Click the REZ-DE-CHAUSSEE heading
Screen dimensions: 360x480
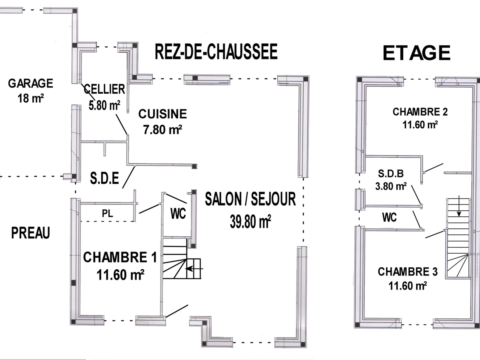[216, 52]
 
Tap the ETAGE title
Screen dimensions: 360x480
[416, 53]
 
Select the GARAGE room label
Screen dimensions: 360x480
[30, 84]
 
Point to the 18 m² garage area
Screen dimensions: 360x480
[30, 98]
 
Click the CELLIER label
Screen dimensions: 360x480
[105, 89]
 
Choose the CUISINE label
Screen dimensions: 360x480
[162, 114]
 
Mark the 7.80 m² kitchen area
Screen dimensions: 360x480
[162, 129]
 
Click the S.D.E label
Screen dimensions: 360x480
[104, 179]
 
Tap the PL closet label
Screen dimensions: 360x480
[108, 213]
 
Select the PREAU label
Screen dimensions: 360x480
[30, 233]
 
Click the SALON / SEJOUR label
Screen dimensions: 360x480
[250, 199]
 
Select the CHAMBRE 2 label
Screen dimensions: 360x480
[420, 112]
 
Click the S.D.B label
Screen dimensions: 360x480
[391, 174]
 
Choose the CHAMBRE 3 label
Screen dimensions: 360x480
[408, 272]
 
